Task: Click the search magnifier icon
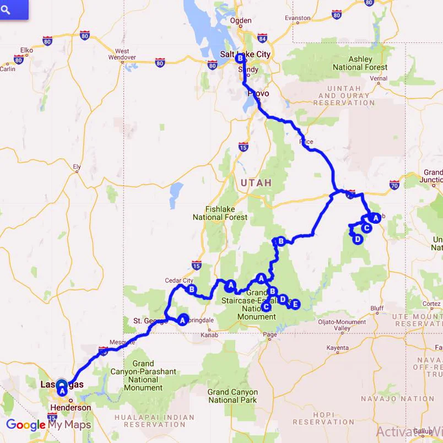(6, 9)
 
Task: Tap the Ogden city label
(241, 20)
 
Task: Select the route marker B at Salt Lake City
(240, 58)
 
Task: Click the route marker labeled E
(295, 304)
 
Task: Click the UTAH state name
(256, 182)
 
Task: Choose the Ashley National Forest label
(360, 63)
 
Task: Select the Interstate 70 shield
(394, 184)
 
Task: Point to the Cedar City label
(179, 280)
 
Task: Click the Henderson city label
(70, 408)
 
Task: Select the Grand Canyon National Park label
(232, 396)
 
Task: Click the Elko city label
(27, 50)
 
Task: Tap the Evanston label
(298, 18)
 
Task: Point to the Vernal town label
(379, 79)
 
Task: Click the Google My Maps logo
(48, 425)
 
